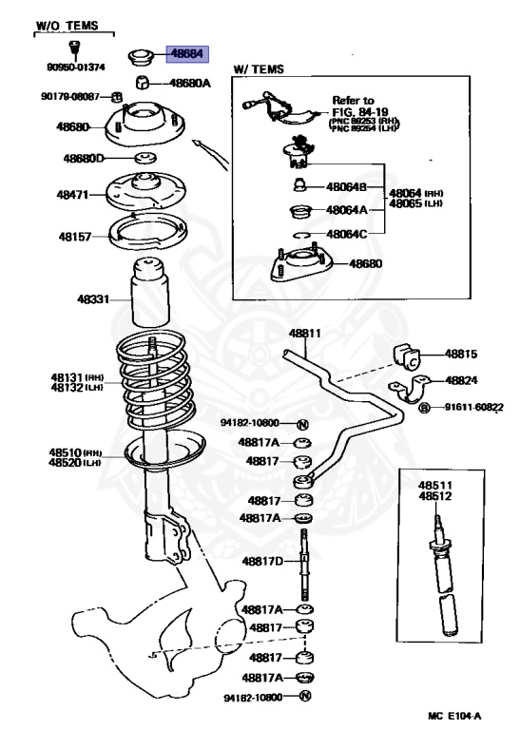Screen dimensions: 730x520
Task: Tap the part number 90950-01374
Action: tap(74, 67)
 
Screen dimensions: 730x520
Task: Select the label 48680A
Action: tap(190, 83)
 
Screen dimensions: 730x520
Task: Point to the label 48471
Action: tap(72, 194)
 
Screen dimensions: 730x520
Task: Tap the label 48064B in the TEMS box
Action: tap(346, 187)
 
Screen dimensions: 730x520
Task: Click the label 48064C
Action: tap(346, 232)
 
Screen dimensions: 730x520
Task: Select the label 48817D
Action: tap(261, 562)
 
